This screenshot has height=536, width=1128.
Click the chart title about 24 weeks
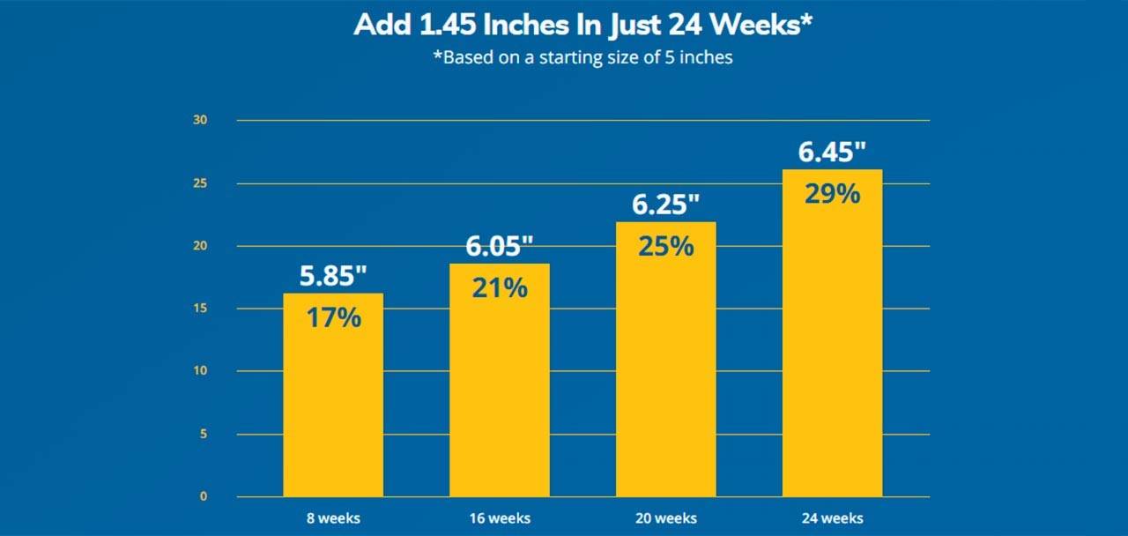(582, 25)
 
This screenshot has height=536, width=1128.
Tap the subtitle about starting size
(582, 59)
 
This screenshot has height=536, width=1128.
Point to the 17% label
(333, 317)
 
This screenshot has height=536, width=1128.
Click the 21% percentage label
(500, 287)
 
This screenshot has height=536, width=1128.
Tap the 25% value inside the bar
(666, 246)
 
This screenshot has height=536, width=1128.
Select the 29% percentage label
(832, 194)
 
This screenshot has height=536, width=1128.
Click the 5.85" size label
(333, 276)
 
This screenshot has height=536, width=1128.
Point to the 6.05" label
(500, 246)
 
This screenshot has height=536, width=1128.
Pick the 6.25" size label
(666, 205)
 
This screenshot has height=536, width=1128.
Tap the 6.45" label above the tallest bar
(832, 153)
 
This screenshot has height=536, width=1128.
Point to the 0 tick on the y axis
(203, 496)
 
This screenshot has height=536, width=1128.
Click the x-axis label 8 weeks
(333, 517)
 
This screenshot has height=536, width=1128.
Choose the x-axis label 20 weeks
(666, 517)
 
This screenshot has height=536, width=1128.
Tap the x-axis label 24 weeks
(832, 517)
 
